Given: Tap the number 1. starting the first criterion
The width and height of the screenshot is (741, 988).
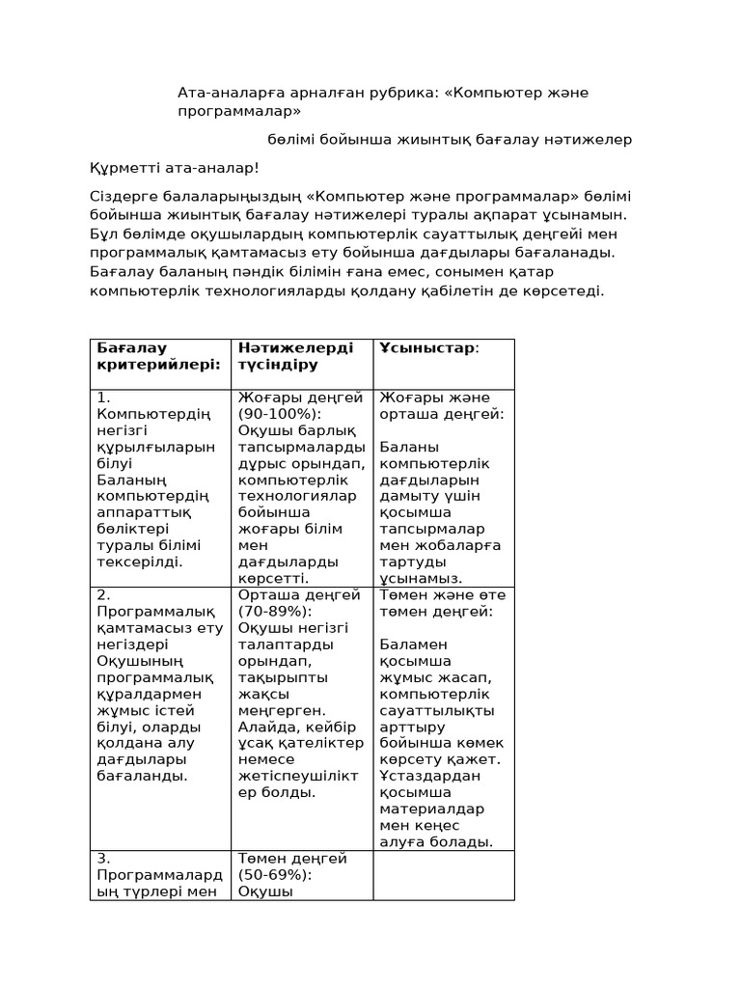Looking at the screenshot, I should (104, 398).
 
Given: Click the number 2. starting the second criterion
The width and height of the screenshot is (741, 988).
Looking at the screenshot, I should (104, 595).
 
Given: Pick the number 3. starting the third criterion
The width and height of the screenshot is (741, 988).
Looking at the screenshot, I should (104, 859).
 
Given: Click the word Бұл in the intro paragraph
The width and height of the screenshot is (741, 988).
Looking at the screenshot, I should (103, 233).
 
